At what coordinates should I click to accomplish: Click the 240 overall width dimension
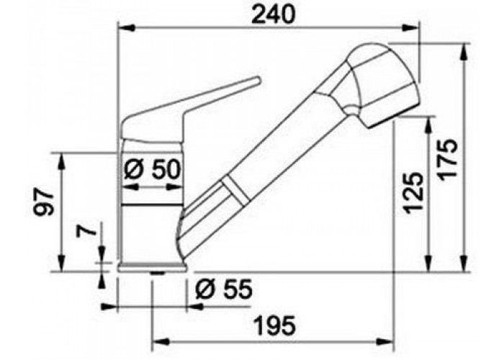pos(273,14)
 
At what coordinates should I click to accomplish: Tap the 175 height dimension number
pos(447,158)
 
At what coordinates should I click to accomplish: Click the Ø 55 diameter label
pos(224,289)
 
